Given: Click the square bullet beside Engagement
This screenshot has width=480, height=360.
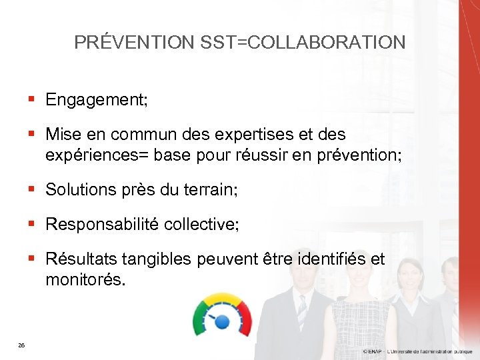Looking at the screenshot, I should click(x=31, y=99).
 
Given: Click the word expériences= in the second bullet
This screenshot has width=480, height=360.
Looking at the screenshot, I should click(x=96, y=156).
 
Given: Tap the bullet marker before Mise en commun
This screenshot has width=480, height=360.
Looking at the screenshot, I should click(x=31, y=134).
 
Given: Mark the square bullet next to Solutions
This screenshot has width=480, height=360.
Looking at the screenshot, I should click(x=31, y=189).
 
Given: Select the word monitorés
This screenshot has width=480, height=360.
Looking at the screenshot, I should click(x=84, y=280).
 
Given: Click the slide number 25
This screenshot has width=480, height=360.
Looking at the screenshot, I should click(x=22, y=345).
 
